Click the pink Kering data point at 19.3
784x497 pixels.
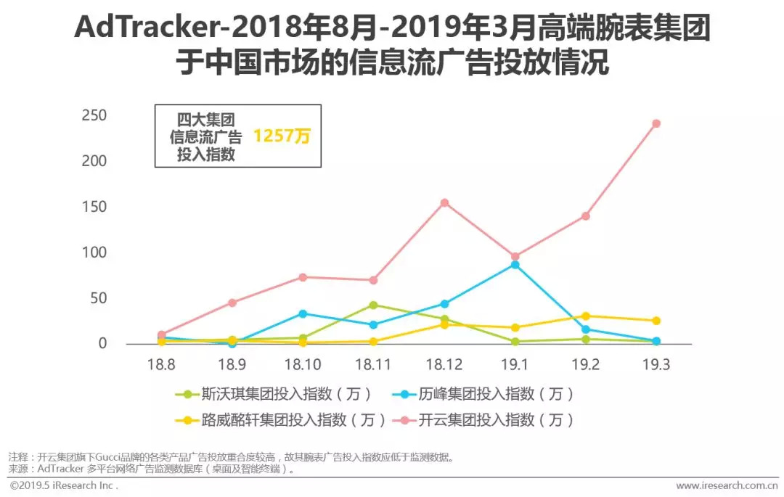(x=656, y=123)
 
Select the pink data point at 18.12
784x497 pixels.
(x=444, y=202)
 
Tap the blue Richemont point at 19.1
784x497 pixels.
(x=515, y=265)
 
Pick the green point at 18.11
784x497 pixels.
(x=373, y=305)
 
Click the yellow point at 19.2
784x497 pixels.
(x=585, y=316)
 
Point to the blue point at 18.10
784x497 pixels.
(x=303, y=313)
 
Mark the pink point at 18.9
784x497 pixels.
(x=232, y=303)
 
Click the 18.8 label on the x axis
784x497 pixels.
(x=161, y=365)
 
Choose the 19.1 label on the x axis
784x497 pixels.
(x=515, y=365)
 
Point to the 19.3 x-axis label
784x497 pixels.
(x=656, y=365)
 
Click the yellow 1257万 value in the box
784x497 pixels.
(x=281, y=136)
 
